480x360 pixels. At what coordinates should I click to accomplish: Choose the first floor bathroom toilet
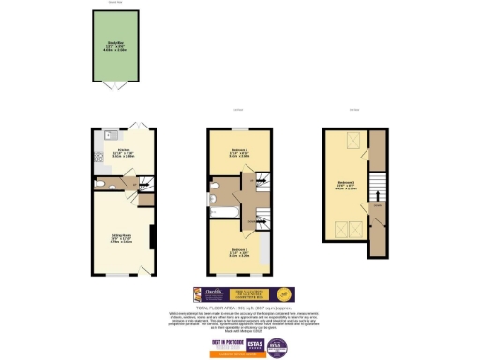[214, 197]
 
